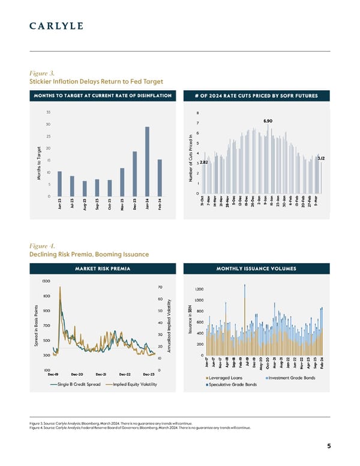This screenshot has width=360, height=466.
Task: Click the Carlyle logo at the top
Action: pyautogui.click(x=56, y=26)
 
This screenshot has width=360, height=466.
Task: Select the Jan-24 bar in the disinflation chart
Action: pyautogui.click(x=147, y=162)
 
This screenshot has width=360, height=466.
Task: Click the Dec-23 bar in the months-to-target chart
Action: pyautogui.click(x=134, y=174)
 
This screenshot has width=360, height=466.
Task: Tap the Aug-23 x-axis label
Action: pyautogui.click(x=85, y=205)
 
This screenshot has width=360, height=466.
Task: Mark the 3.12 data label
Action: pyautogui.click(x=321, y=158)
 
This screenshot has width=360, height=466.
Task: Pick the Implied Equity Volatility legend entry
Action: pyautogui.click(x=132, y=384)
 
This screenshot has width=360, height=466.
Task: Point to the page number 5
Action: pyautogui.click(x=329, y=446)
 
